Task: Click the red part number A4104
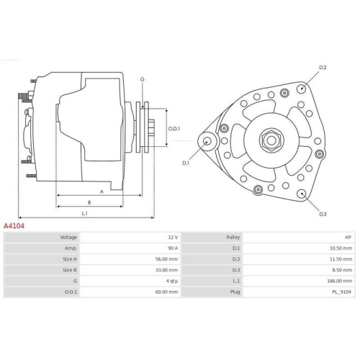(14, 225)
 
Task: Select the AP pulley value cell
(348, 237)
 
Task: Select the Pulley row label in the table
(233, 237)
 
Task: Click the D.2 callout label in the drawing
(323, 68)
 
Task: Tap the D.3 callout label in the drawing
(323, 214)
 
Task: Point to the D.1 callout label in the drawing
(185, 163)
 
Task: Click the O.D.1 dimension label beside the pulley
(174, 129)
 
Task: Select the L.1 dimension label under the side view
(84, 213)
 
